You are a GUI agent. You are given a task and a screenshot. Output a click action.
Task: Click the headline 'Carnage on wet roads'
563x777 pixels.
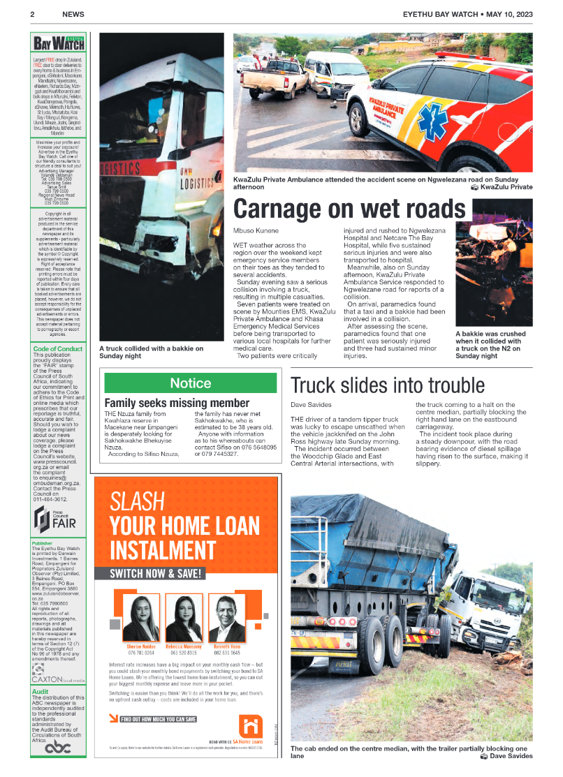tap(349, 208)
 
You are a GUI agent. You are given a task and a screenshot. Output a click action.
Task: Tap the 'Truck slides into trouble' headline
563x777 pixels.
tap(387, 385)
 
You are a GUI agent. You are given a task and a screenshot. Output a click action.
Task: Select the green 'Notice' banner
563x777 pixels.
tap(191, 383)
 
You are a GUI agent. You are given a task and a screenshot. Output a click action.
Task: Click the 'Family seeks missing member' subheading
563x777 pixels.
tap(177, 403)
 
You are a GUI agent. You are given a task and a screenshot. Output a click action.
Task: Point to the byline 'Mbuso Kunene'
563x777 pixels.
tap(255, 230)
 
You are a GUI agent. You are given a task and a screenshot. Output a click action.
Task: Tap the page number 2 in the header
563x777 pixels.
tap(32, 14)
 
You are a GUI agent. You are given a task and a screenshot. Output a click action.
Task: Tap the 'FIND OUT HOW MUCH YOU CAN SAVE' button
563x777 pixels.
tap(153, 719)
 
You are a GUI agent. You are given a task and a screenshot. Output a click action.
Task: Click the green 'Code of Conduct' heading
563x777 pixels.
tap(58, 348)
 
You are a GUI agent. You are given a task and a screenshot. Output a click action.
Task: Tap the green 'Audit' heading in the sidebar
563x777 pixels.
tap(40, 691)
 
